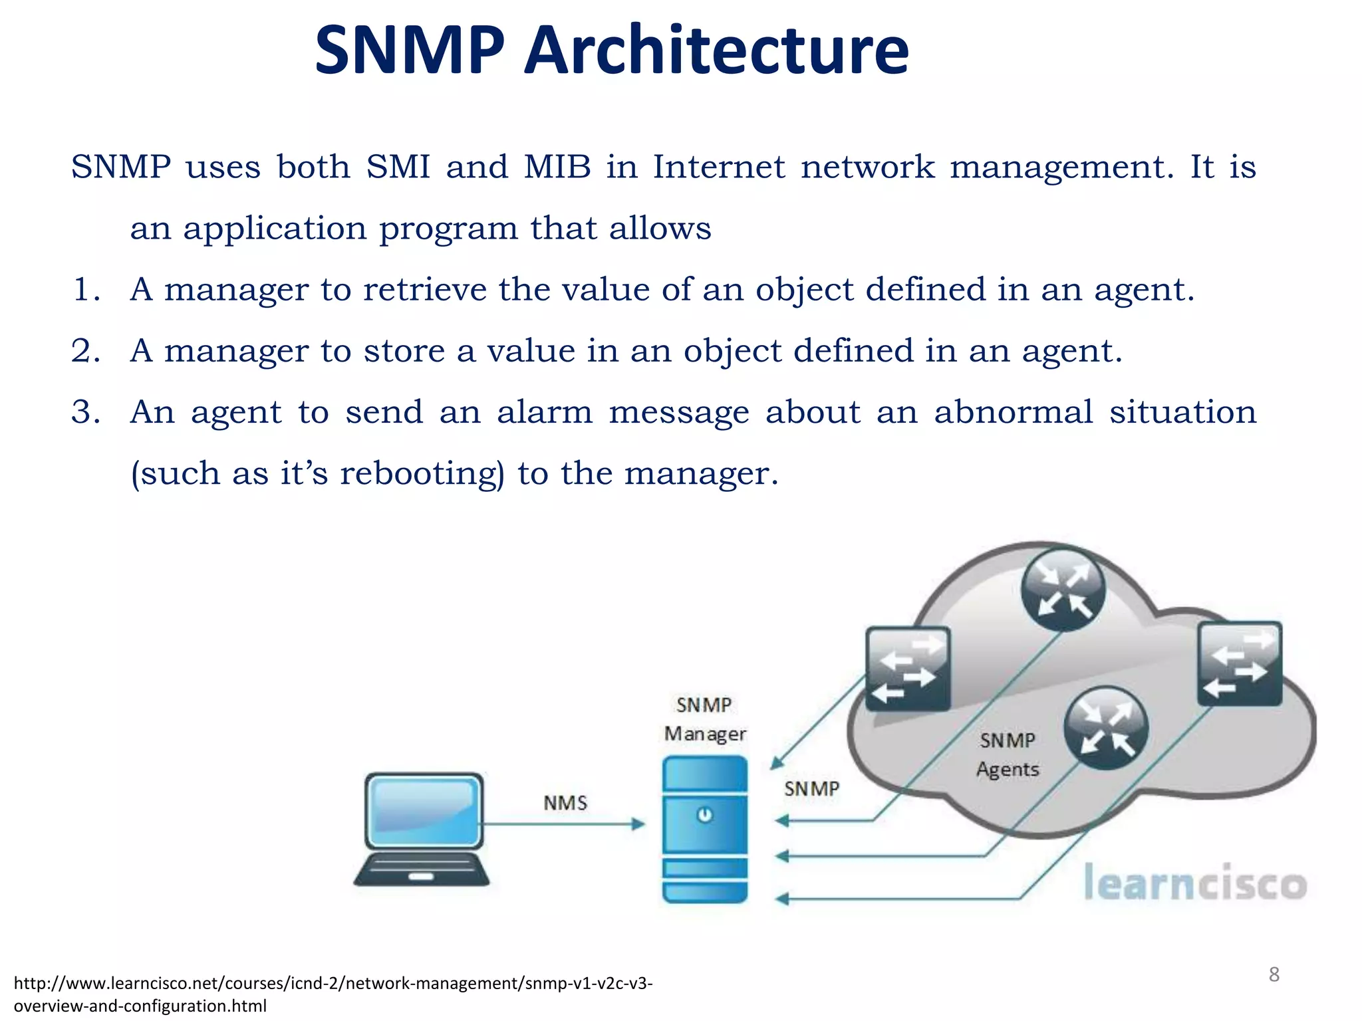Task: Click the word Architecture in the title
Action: click(x=716, y=51)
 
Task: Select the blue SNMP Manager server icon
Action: click(x=705, y=829)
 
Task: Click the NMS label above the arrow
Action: click(x=565, y=803)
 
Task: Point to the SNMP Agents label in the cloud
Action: click(x=1008, y=754)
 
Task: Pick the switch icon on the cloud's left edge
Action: click(x=908, y=668)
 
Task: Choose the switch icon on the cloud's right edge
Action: click(x=1240, y=663)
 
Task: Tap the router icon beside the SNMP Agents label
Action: click(x=1105, y=728)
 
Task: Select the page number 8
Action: click(x=1274, y=974)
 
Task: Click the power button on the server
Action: click(x=705, y=814)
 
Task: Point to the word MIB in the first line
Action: click(x=557, y=166)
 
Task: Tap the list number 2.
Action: click(x=84, y=350)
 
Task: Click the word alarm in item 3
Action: click(x=545, y=412)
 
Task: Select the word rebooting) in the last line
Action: click(x=422, y=473)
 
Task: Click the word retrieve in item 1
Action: click(x=425, y=289)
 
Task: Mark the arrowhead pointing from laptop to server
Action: click(x=638, y=824)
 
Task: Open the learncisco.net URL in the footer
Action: click(x=333, y=993)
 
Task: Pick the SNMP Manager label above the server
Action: click(x=705, y=719)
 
